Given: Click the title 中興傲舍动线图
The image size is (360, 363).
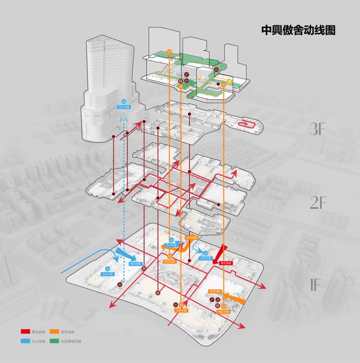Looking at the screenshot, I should [x=299, y=29].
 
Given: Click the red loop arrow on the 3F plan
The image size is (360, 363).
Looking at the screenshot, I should [x=249, y=123].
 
